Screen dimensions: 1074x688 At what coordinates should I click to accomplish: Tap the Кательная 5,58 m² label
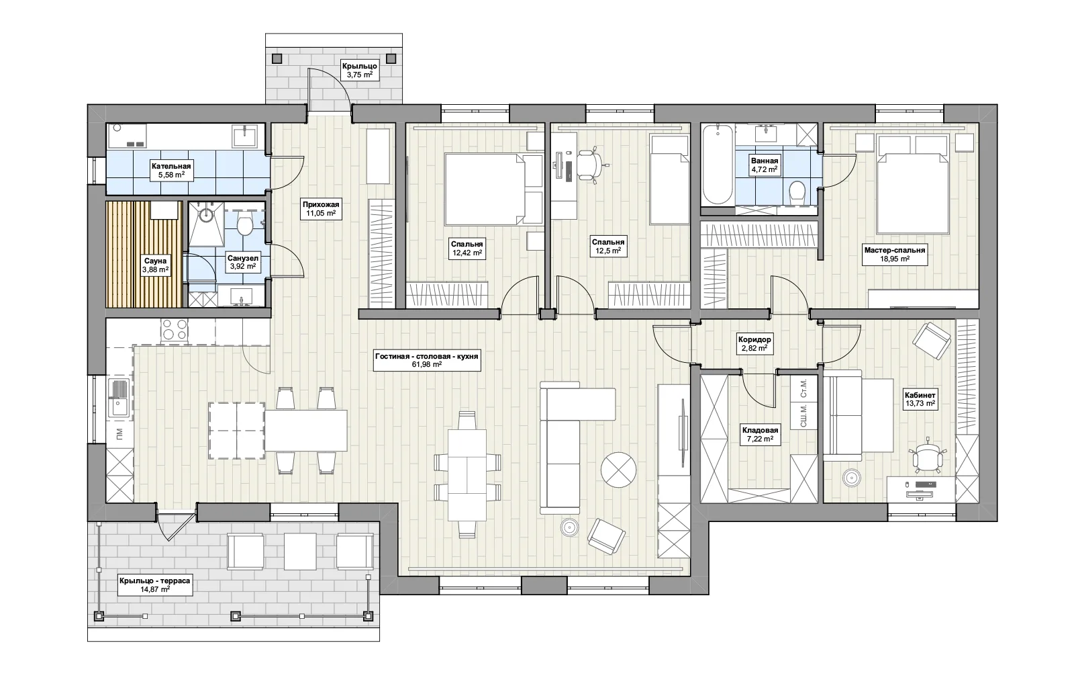point(171,171)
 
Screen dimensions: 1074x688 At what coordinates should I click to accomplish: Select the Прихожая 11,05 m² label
point(321,209)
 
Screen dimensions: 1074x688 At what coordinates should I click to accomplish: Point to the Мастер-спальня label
point(895,250)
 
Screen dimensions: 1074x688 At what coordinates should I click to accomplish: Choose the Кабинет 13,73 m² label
point(920,399)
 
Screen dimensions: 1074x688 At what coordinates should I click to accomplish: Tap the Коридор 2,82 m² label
point(754,344)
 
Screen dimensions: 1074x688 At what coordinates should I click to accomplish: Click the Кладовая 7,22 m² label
point(760,435)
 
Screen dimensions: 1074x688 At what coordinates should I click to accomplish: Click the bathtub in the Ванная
point(718,164)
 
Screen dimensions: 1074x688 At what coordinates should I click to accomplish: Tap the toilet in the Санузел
point(245,225)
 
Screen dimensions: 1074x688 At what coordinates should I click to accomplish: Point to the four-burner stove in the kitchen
point(175,330)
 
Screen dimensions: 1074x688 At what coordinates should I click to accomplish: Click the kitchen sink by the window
point(119,398)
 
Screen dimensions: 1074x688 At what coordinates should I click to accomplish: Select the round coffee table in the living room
point(618,470)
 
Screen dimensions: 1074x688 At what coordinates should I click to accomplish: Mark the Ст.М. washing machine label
point(803,388)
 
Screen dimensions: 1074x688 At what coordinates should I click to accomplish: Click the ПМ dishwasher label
point(119,434)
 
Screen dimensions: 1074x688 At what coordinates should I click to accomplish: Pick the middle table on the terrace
point(300,551)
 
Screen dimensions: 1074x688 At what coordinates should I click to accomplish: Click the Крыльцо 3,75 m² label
point(360,70)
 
